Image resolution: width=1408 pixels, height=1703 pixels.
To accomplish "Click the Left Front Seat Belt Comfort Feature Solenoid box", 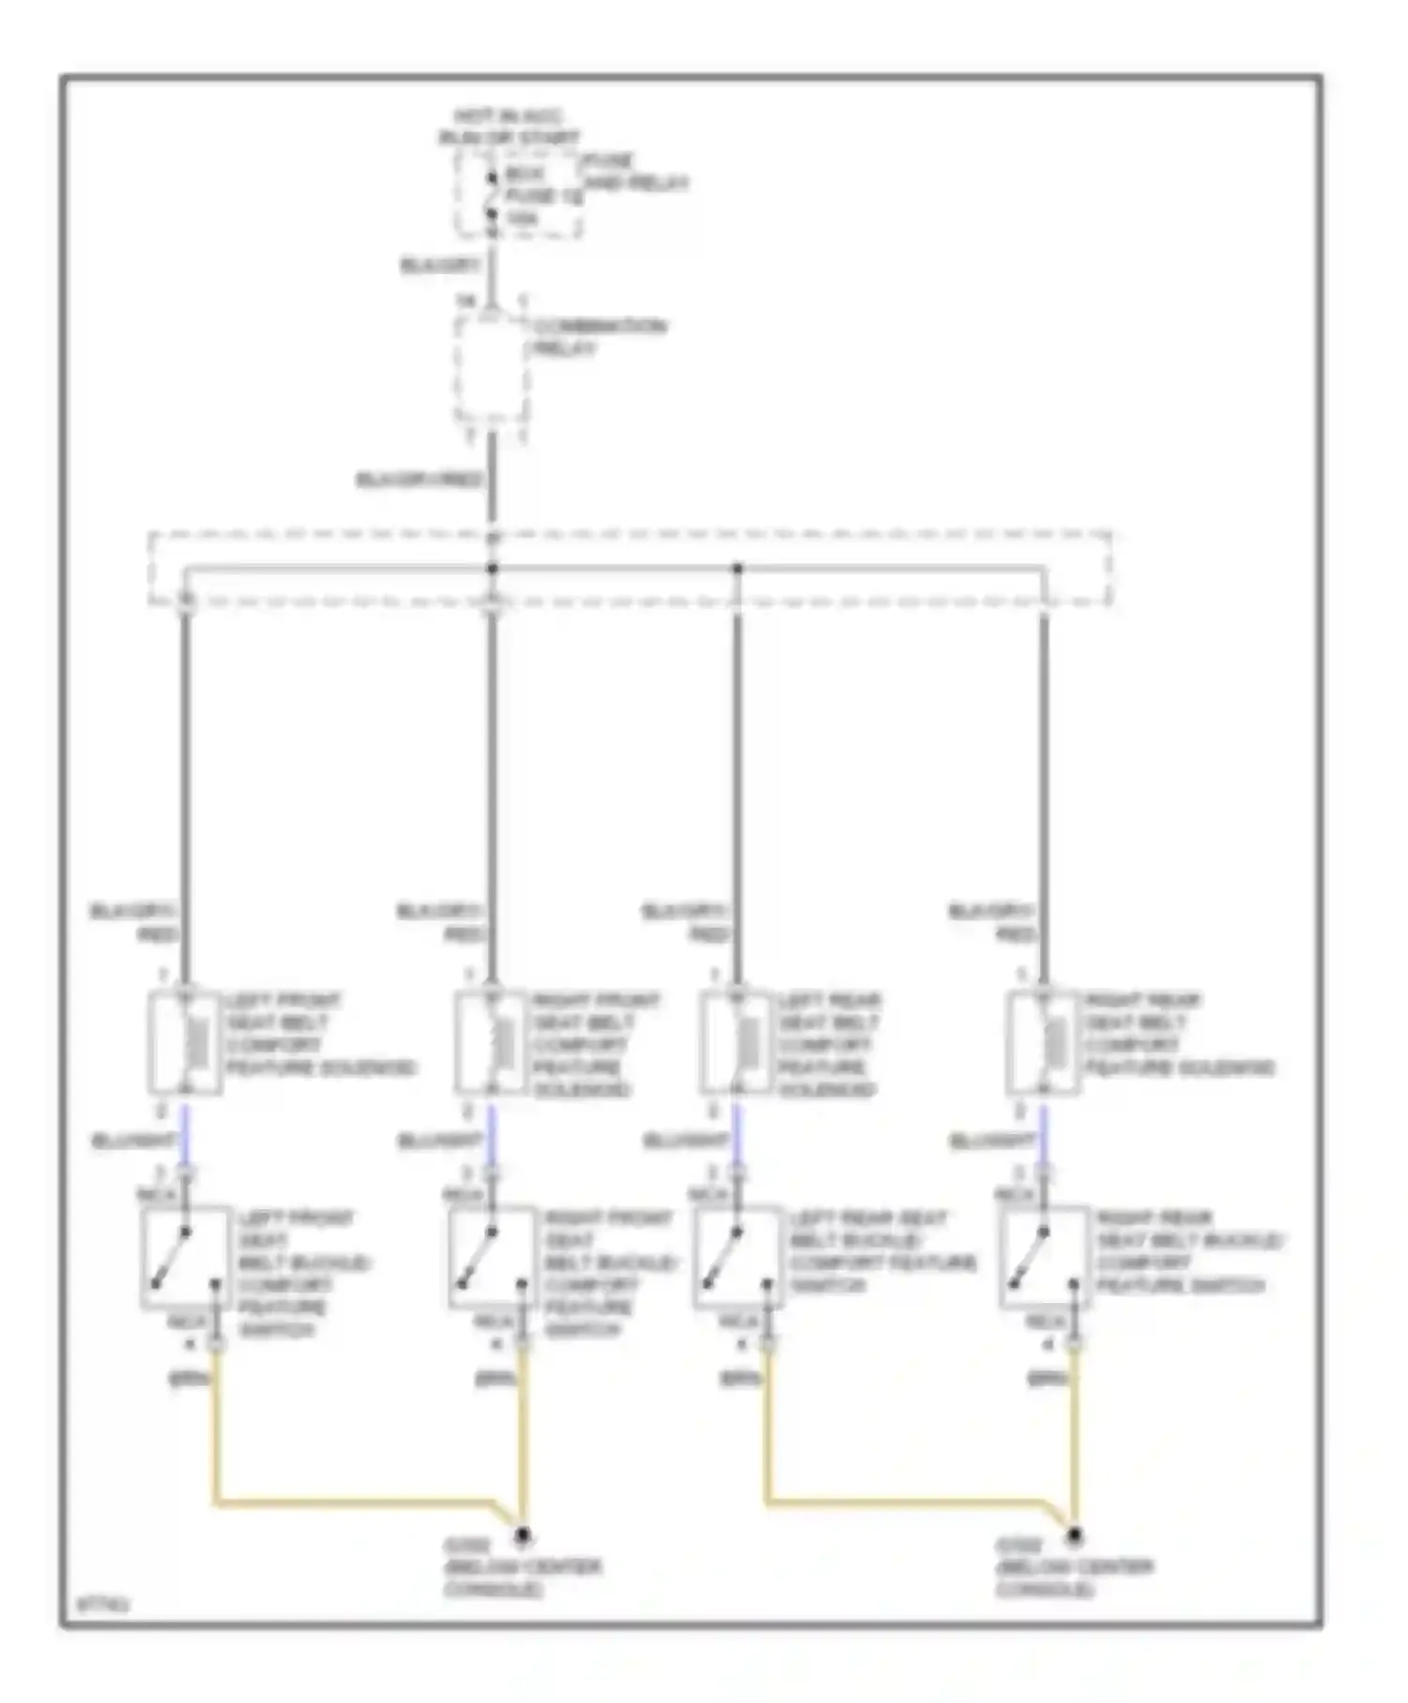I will (185, 1042).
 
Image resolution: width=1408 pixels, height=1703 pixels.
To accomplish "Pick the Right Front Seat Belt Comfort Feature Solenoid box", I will (491, 1042).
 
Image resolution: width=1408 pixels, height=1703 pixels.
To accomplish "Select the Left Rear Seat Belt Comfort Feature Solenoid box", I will (737, 1042).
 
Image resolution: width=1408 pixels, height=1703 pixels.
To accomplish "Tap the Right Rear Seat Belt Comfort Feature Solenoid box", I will (1043, 1042).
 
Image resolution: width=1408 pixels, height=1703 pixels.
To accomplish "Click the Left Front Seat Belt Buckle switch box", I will (185, 1258).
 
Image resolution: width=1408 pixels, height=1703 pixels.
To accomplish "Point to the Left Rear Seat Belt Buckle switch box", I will (738, 1258).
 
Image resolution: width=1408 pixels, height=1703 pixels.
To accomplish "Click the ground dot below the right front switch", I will (522, 1537).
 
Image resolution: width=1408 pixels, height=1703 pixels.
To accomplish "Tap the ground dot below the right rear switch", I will (1074, 1537).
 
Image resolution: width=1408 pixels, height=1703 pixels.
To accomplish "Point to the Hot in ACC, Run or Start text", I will (509, 127).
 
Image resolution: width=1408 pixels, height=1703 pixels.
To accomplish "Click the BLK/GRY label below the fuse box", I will (440, 266).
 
